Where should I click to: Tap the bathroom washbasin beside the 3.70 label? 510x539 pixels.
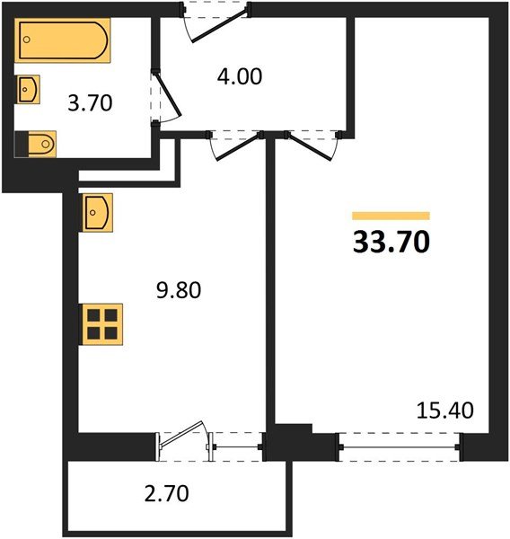pos(29,89)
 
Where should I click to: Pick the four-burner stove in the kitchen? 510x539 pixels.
pos(101,323)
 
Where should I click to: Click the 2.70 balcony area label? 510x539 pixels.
pos(167,492)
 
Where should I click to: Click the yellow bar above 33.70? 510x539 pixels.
pos(391,216)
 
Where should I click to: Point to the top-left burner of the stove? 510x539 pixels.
pos(93,315)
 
